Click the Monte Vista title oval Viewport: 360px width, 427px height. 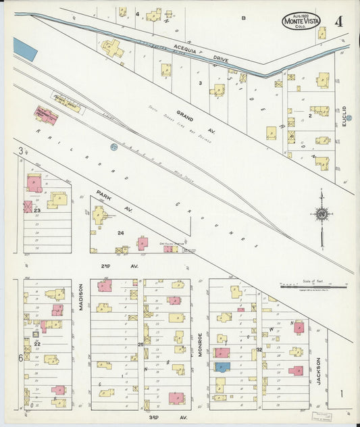tap(301, 20)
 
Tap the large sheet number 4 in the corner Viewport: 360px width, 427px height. tap(338, 20)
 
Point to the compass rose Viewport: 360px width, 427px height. tap(322, 214)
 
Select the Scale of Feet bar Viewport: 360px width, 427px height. tap(312, 286)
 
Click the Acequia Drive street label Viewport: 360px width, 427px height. tap(192, 53)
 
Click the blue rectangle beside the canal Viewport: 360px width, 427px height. tap(25, 49)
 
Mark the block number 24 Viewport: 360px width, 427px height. tap(121, 233)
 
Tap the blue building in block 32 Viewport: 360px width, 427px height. tap(222, 366)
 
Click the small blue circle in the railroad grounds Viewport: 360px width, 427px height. tap(113, 146)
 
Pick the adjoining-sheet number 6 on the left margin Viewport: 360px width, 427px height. tap(21, 358)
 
